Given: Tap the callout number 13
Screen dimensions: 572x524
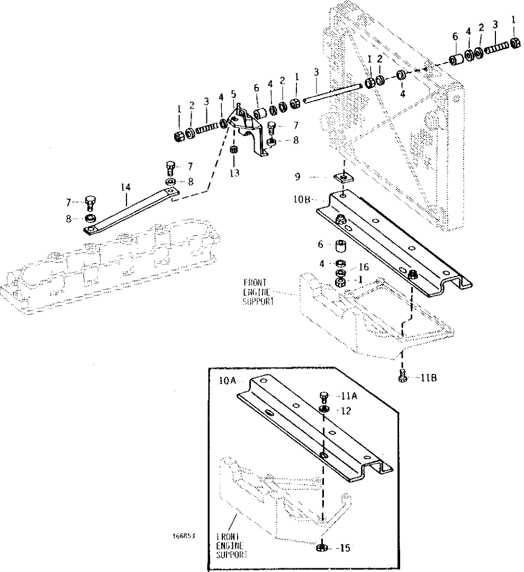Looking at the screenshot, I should click(x=233, y=174).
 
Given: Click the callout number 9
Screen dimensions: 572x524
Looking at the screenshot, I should click(x=313, y=176).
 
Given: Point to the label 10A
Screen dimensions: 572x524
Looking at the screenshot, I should click(x=228, y=380).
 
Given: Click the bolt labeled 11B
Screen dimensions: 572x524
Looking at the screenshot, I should click(x=402, y=378).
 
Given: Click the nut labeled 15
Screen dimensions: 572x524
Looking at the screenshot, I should click(x=320, y=548).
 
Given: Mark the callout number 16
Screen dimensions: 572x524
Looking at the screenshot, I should click(x=364, y=267).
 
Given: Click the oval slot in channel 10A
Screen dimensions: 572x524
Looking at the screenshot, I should click(x=268, y=414).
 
